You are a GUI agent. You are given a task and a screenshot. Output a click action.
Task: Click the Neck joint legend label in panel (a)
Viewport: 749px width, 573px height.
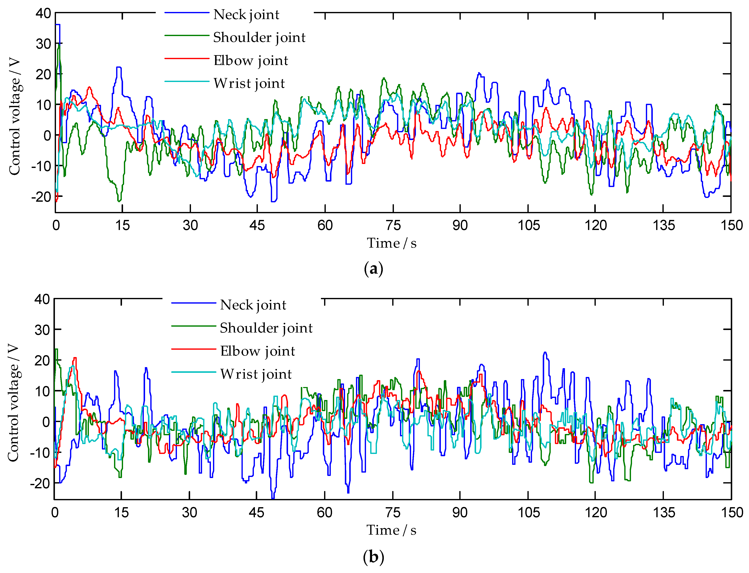(246, 15)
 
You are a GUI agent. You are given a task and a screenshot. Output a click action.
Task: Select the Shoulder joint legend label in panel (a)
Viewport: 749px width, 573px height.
(259, 38)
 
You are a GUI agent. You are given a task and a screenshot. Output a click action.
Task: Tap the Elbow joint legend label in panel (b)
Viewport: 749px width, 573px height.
(257, 351)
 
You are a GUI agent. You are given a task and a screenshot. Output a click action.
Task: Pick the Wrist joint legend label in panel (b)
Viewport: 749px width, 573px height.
(256, 374)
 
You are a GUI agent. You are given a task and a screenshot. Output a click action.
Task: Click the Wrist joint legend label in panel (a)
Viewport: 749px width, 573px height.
(249, 84)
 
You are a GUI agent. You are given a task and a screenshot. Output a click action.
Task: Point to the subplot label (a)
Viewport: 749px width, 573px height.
(373, 269)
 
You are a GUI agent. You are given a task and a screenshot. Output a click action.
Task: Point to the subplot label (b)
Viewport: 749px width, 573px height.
(373, 557)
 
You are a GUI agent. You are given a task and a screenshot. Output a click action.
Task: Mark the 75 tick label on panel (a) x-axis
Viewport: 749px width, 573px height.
(393, 225)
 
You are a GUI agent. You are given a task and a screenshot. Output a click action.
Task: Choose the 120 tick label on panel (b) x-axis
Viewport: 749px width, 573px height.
(596, 513)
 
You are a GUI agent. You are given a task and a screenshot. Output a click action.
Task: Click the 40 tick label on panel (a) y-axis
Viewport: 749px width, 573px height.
(43, 14)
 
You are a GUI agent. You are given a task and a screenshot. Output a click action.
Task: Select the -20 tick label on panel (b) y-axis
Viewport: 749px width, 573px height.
(40, 484)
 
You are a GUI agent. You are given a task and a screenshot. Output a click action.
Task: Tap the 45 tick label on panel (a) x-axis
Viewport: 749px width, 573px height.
(257, 225)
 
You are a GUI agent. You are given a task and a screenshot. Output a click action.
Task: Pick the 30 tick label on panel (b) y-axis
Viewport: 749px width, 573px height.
(42, 330)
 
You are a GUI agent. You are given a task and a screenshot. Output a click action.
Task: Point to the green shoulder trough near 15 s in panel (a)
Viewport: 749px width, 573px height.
(119, 201)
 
